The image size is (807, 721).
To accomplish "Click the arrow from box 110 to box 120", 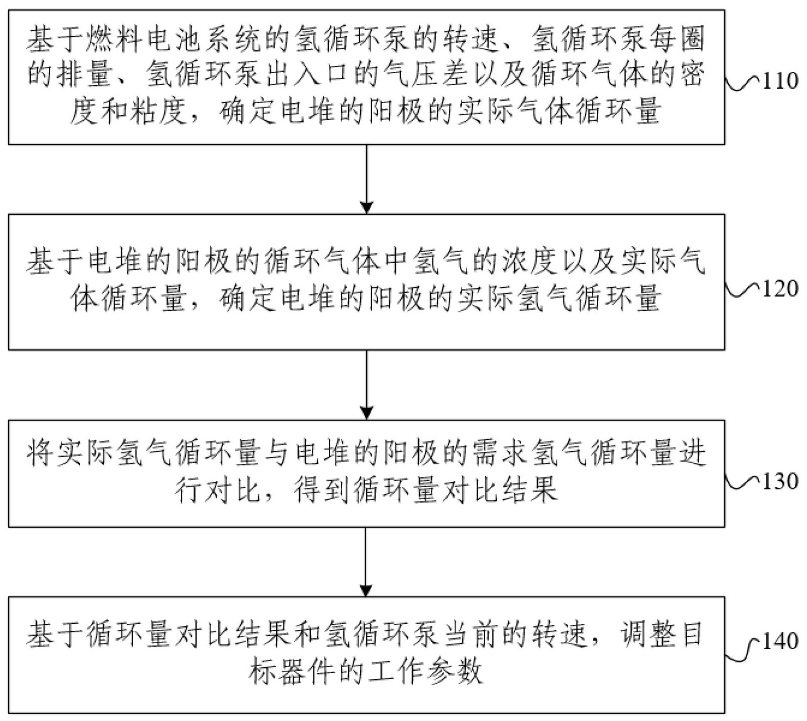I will coord(367,179).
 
